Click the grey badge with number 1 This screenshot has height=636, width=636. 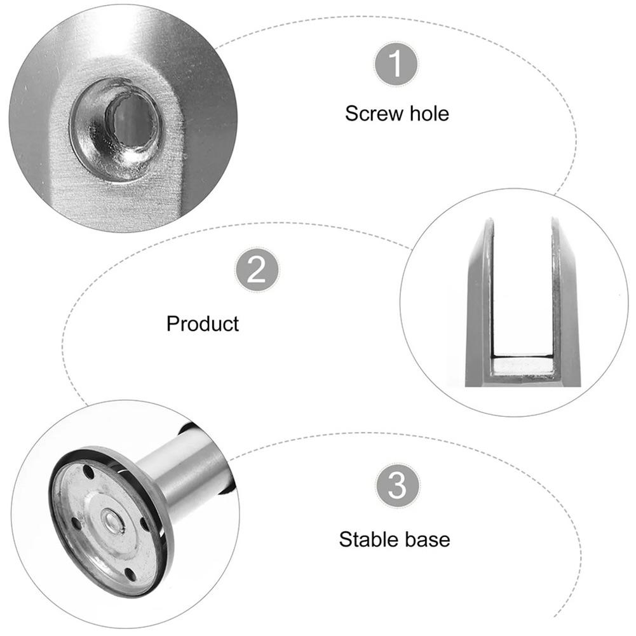[x=395, y=64]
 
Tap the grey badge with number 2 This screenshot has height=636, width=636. [x=257, y=270]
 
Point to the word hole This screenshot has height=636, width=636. [x=429, y=113]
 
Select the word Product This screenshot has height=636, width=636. [x=203, y=323]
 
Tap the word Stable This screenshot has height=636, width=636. [x=368, y=539]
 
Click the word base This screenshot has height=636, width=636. [x=427, y=540]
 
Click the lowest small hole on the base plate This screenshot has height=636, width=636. [x=130, y=574]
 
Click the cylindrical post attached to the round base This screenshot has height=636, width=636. [x=187, y=471]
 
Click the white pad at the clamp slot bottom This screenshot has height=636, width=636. [x=522, y=365]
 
